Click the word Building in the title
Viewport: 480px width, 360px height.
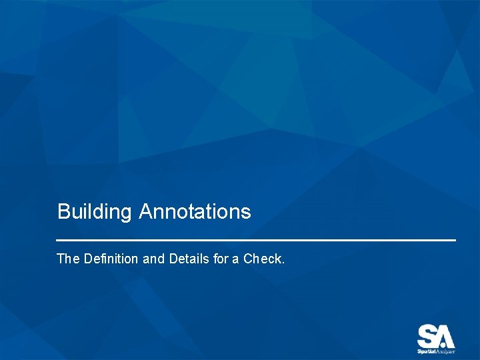[x=95, y=212]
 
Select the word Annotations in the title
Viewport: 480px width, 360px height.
[x=195, y=212]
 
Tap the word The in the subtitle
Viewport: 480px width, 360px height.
[x=68, y=259]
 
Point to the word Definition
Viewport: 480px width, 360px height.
[x=112, y=259]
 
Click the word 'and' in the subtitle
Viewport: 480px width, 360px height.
[x=154, y=259]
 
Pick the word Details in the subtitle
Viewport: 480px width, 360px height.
[x=189, y=259]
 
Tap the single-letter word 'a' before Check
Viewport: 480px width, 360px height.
[x=235, y=259]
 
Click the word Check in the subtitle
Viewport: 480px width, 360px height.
[x=263, y=259]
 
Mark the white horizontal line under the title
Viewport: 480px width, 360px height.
[x=256, y=239]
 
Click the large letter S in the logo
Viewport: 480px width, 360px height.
[x=427, y=335]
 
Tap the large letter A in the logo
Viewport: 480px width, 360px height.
[x=444, y=335]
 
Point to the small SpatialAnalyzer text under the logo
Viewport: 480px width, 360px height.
[x=436, y=351]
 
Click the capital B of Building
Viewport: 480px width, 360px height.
[x=63, y=212]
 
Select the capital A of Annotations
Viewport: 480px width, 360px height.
[x=146, y=212]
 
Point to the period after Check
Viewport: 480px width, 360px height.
[x=283, y=262]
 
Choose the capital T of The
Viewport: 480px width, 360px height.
[x=61, y=259]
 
